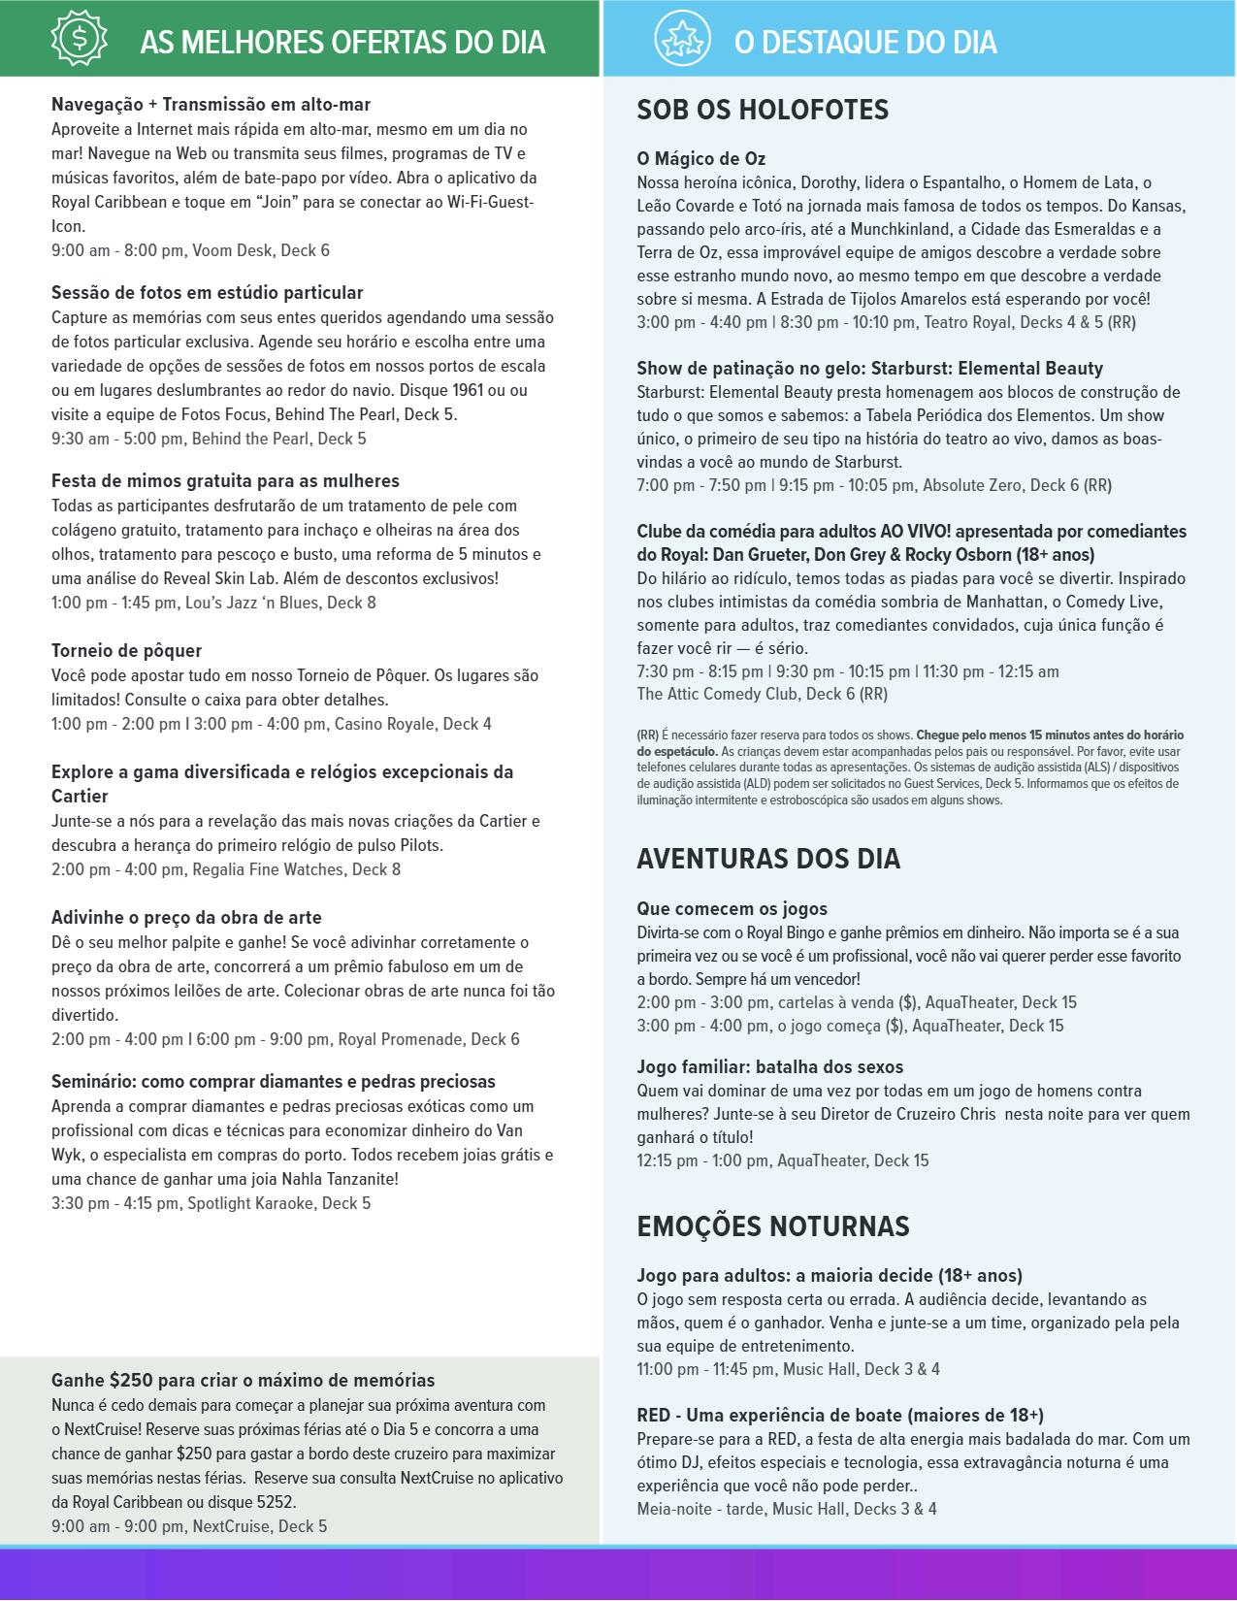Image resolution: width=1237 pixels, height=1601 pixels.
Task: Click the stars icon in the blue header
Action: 682,38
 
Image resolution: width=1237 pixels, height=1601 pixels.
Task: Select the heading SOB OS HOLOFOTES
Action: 763,111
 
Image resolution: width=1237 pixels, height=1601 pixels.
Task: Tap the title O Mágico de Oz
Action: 701,159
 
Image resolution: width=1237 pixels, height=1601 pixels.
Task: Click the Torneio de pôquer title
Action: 126,651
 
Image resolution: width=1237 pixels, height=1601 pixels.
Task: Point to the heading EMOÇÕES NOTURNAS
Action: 772,1226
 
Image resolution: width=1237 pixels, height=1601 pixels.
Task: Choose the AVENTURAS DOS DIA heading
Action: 768,859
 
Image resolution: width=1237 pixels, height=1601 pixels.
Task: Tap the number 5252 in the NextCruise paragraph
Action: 275,1502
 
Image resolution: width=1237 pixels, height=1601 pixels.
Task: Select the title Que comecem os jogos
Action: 732,909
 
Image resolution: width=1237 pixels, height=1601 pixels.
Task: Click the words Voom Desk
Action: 232,250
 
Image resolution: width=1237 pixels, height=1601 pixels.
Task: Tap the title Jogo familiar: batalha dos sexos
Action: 769,1067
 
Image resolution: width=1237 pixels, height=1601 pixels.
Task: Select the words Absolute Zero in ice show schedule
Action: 971,485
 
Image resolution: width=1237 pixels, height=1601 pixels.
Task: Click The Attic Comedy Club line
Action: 762,694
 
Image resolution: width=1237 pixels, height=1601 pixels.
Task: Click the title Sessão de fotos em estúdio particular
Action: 207,293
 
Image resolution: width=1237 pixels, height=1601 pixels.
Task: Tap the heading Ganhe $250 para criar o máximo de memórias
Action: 243,1381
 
